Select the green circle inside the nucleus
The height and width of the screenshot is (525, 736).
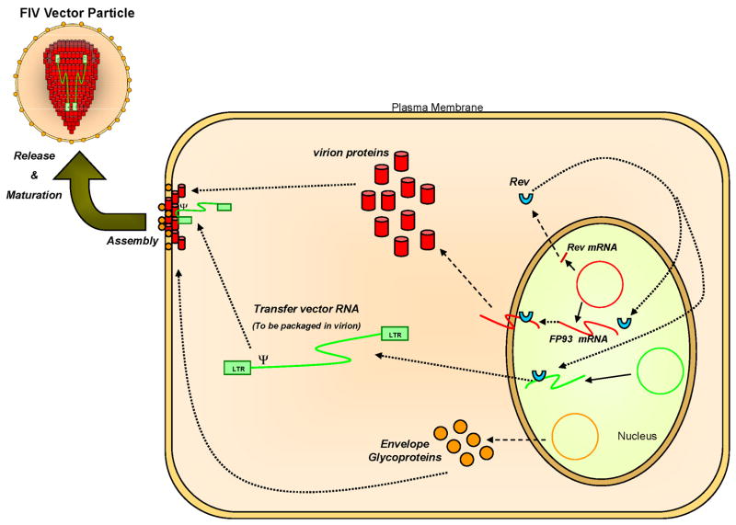pos(657,372)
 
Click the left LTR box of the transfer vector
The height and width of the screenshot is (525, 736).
pos(237,368)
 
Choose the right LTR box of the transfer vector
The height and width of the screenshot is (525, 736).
pos(394,334)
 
